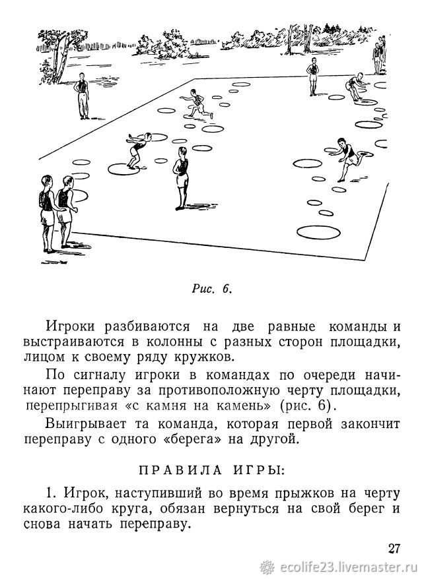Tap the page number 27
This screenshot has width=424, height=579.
(394, 549)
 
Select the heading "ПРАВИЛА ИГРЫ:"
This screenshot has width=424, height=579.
(212, 470)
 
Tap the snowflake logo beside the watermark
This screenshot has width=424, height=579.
(267, 567)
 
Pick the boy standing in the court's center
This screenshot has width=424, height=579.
(181, 178)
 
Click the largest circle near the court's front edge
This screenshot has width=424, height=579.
(318, 231)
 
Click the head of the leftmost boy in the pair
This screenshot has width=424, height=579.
(46, 181)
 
